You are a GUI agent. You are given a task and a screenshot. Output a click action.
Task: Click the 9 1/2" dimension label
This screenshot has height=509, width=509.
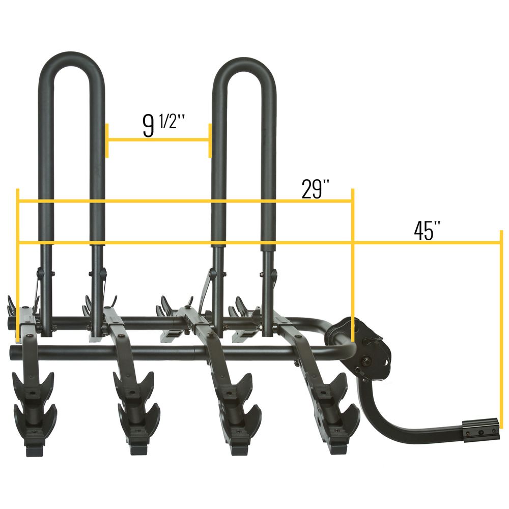click(163, 125)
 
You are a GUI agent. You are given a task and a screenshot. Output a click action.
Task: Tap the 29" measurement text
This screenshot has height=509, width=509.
click(315, 188)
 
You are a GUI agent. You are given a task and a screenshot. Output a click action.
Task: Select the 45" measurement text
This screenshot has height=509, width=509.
click(427, 231)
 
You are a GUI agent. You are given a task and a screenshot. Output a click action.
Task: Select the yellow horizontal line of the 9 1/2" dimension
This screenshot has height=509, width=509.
click(158, 140)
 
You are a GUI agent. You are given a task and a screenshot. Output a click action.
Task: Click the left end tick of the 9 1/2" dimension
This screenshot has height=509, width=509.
click(107, 140)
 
